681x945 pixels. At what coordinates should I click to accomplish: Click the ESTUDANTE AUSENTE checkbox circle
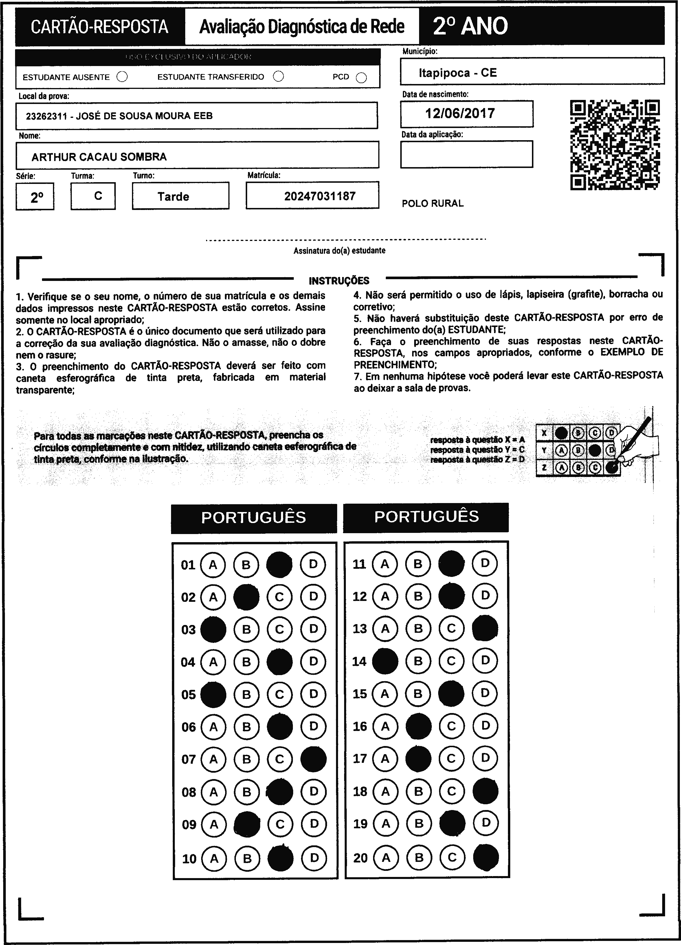(x=122, y=77)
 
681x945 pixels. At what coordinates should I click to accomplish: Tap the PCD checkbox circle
(x=361, y=78)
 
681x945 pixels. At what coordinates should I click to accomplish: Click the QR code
(x=614, y=145)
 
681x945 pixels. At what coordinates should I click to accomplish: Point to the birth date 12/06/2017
(x=460, y=113)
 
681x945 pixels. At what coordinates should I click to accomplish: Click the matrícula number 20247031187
(x=320, y=196)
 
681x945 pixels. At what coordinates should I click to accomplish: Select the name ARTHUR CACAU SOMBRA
(x=99, y=157)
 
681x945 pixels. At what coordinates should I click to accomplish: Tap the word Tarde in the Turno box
(x=173, y=197)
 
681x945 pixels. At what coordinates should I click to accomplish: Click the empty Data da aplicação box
(x=467, y=154)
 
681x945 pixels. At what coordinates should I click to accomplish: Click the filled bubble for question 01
(x=279, y=564)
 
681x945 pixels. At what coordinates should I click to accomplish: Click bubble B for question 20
(x=419, y=858)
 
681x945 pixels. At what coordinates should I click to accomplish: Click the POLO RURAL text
(x=432, y=203)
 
